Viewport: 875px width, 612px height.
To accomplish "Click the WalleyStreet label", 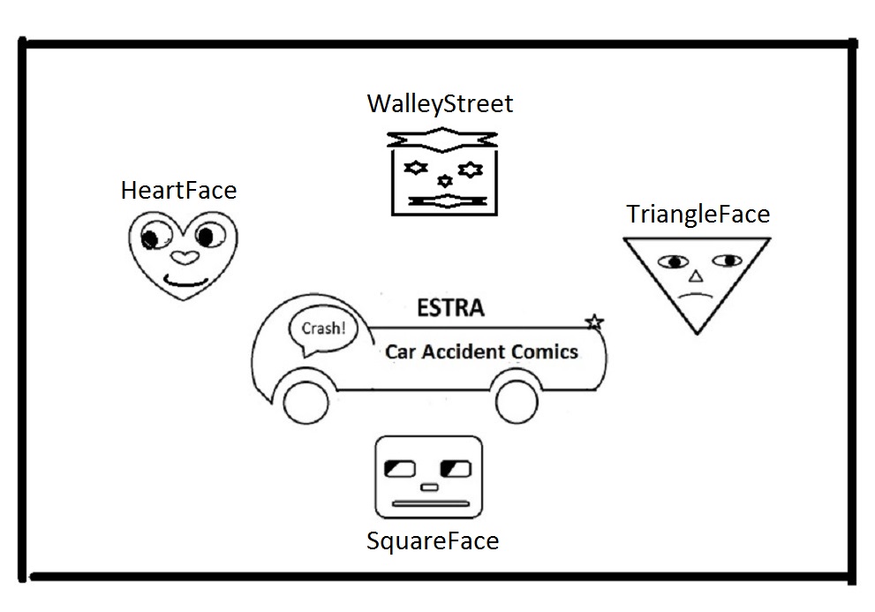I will [440, 104].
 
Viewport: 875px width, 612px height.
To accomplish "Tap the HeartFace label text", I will [179, 190].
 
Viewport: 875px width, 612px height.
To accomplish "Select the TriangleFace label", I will [698, 215].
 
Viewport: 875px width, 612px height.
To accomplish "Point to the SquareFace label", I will [433, 540].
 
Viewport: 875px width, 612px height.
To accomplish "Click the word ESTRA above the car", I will [449, 309].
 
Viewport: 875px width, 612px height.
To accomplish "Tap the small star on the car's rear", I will [594, 321].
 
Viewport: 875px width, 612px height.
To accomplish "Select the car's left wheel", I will [305, 401].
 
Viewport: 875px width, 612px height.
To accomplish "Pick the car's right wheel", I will [517, 402].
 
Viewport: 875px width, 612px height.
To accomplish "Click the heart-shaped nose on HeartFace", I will [183, 258].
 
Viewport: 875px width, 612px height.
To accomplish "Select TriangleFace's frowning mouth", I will [697, 298].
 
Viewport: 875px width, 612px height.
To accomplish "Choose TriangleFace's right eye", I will [728, 261].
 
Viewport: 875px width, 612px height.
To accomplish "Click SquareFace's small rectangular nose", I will [429, 487].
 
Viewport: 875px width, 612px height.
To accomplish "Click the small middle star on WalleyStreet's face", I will [445, 181].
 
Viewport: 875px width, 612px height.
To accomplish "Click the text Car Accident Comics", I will [481, 351].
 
